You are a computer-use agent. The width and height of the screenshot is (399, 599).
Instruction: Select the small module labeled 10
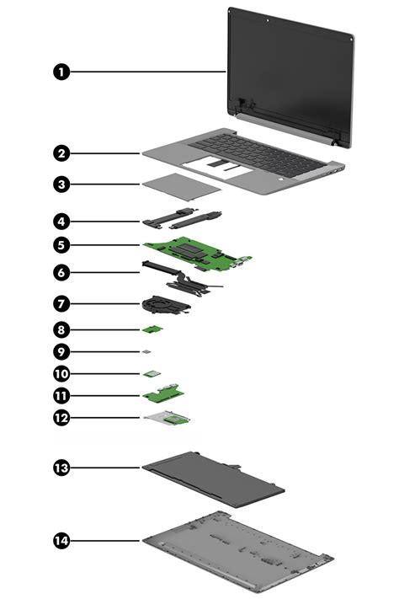point(152,373)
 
